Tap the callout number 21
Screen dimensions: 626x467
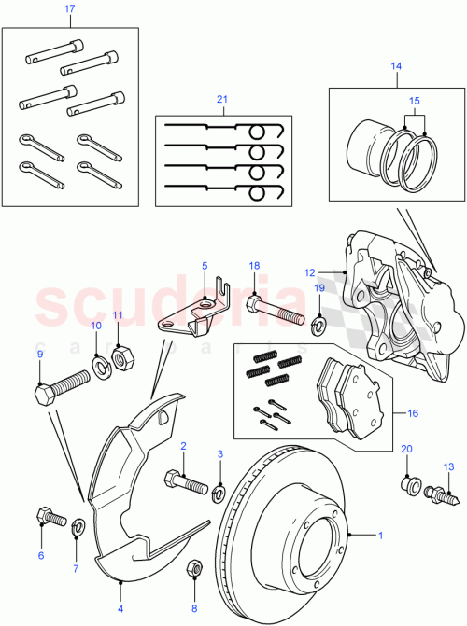(x=221, y=100)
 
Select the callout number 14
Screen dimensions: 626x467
(x=395, y=67)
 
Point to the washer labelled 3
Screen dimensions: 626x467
(x=219, y=492)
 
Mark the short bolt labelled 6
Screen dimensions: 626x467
(x=49, y=515)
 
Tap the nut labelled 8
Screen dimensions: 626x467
(x=194, y=568)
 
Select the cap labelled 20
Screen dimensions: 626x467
(x=406, y=484)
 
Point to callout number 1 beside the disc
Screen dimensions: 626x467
(x=379, y=535)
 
